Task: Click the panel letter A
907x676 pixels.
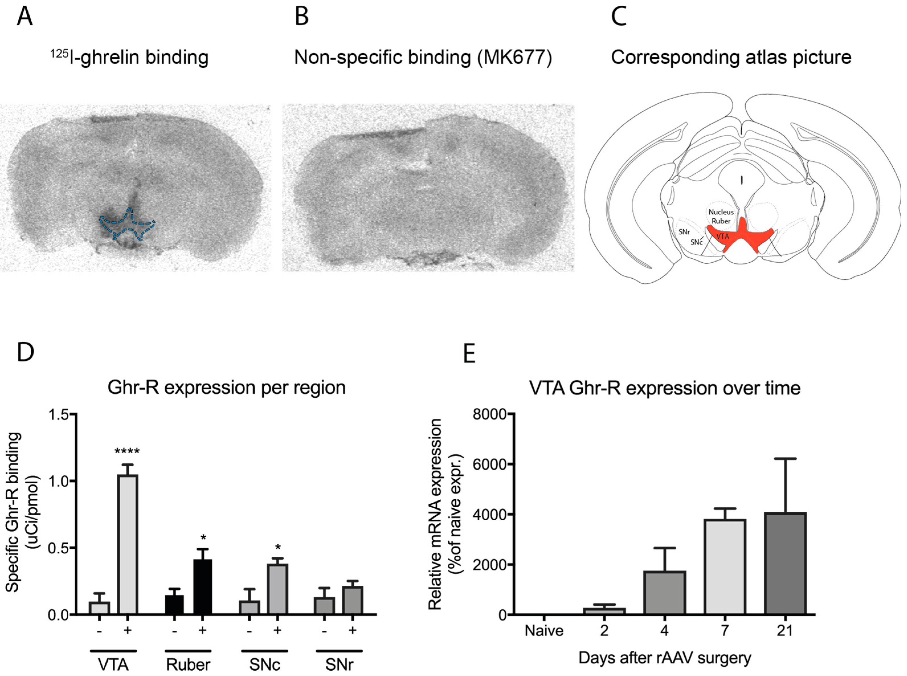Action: pyautogui.click(x=24, y=17)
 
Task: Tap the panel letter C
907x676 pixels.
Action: pyautogui.click(x=619, y=17)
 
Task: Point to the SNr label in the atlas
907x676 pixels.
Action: pyautogui.click(x=684, y=232)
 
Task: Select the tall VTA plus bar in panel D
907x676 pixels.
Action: pyautogui.click(x=128, y=544)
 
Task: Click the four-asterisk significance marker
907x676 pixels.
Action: pyautogui.click(x=127, y=452)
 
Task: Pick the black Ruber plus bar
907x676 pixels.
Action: pyautogui.click(x=202, y=587)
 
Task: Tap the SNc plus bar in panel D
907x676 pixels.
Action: pyautogui.click(x=277, y=589)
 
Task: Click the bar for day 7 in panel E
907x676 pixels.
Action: pyautogui.click(x=724, y=566)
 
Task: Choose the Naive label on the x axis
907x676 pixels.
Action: pyautogui.click(x=544, y=630)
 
